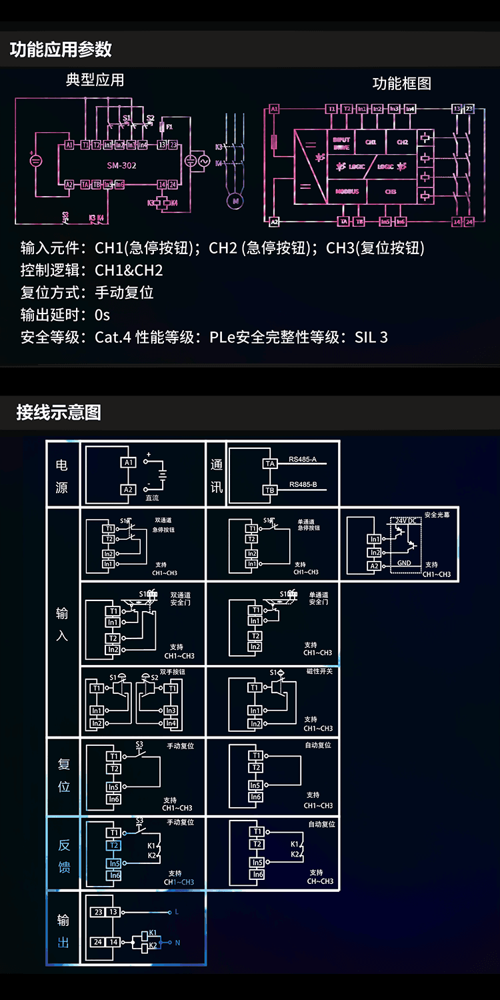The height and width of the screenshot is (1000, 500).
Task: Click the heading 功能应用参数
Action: (61, 50)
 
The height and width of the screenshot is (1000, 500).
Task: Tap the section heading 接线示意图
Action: (59, 412)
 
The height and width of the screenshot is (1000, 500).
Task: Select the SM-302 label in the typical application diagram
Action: (121, 165)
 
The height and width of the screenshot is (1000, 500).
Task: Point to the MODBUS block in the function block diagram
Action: (347, 191)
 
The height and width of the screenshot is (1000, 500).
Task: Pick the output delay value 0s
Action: (102, 315)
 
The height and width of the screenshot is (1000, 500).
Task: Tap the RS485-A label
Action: (303, 460)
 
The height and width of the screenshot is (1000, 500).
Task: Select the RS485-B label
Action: (303, 484)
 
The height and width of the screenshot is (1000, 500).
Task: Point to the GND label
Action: (404, 563)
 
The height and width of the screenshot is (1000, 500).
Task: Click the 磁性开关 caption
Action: (319, 671)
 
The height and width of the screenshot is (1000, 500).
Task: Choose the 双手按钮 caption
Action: (173, 672)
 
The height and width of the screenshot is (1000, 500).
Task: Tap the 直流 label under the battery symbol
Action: (152, 498)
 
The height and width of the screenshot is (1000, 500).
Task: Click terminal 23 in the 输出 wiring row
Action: (99, 912)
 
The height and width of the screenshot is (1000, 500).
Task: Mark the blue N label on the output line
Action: (177, 943)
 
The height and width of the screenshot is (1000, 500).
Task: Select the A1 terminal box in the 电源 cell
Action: (128, 462)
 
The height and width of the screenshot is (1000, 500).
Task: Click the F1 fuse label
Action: (169, 126)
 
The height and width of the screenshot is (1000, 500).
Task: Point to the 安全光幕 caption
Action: (437, 515)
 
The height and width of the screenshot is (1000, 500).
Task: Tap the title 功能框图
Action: (401, 83)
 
